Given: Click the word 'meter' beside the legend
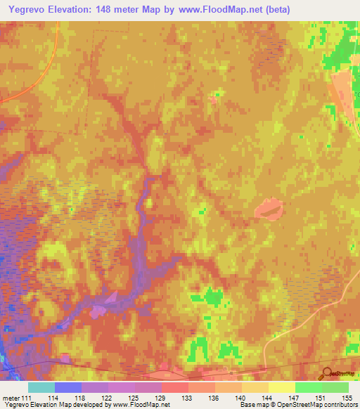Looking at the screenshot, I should coord(12,397).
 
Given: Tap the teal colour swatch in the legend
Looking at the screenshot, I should coord(41,387).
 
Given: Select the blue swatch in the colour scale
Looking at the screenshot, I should coord(68,387).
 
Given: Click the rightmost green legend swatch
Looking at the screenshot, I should coord(335,387).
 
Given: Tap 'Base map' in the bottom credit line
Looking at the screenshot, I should coord(254,405).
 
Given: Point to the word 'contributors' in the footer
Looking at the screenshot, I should coord(339,405).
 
